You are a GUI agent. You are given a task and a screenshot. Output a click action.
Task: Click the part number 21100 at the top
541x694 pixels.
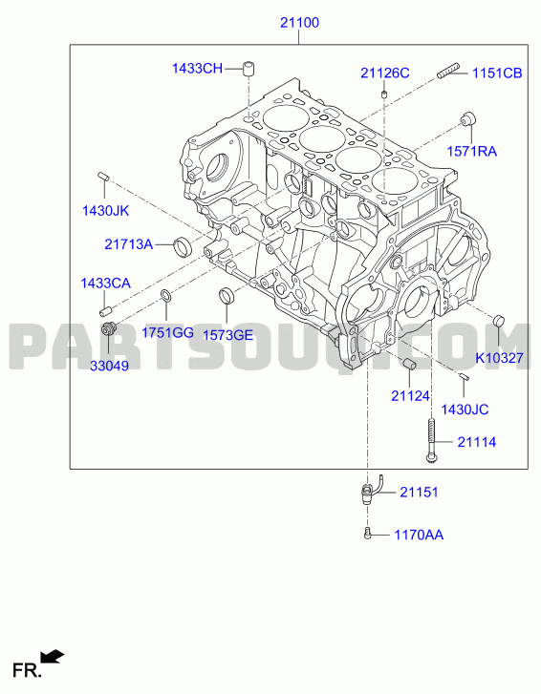tap(299, 23)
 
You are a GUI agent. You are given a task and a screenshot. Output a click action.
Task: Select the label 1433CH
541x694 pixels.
tap(197, 69)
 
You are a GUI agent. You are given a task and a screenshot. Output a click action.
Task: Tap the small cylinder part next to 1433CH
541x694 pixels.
tap(249, 69)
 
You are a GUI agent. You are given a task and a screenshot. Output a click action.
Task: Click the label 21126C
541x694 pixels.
tap(384, 74)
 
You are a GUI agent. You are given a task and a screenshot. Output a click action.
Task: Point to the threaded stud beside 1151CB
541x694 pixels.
tap(448, 72)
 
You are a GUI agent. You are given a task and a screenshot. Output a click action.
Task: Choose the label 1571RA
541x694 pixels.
tap(471, 152)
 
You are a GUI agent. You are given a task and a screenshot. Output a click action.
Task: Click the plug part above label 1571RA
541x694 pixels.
tap(468, 119)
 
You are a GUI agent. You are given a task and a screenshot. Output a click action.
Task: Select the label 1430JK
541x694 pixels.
tap(105, 211)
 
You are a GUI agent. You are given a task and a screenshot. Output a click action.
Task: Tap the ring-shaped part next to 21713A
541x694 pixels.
tap(183, 246)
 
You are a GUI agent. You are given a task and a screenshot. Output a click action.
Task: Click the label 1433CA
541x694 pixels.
tap(105, 284)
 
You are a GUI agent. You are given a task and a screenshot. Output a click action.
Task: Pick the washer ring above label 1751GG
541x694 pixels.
tap(165, 295)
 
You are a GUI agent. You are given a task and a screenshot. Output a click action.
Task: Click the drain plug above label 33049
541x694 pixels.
tap(109, 328)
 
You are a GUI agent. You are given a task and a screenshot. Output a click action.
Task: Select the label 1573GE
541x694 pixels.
tap(227, 335)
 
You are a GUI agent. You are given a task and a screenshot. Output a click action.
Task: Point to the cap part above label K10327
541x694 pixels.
tap(499, 320)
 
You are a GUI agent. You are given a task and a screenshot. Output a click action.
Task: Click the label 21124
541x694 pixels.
tap(410, 396)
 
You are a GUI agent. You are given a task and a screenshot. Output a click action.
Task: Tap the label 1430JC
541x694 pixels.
tap(465, 410)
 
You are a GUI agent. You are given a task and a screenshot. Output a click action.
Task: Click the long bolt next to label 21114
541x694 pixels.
tap(432, 441)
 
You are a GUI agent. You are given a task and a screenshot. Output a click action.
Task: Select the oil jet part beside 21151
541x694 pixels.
tap(371, 490)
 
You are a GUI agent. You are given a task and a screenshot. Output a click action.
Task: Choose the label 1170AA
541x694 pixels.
tap(419, 535)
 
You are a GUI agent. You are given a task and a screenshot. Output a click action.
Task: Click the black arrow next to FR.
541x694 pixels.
tap(53, 657)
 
